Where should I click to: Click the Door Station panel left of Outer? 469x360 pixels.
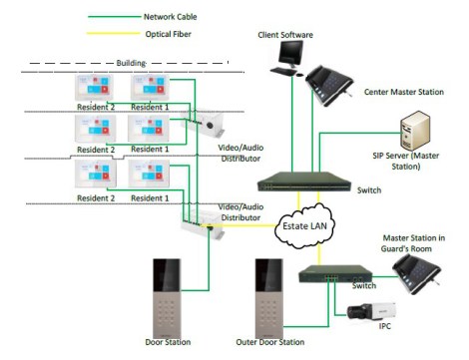(165, 298)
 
